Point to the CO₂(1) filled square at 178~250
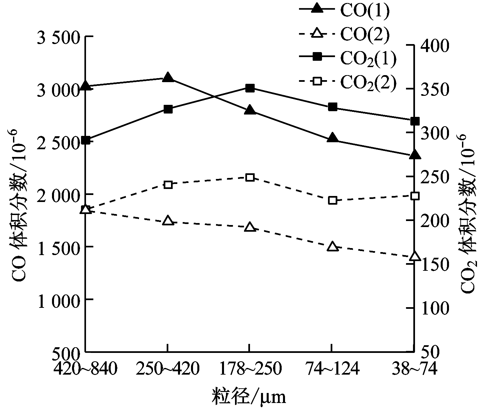point(250,88)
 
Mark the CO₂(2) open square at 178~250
point(250,177)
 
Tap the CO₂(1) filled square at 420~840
point(86,140)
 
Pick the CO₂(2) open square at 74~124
point(332,200)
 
